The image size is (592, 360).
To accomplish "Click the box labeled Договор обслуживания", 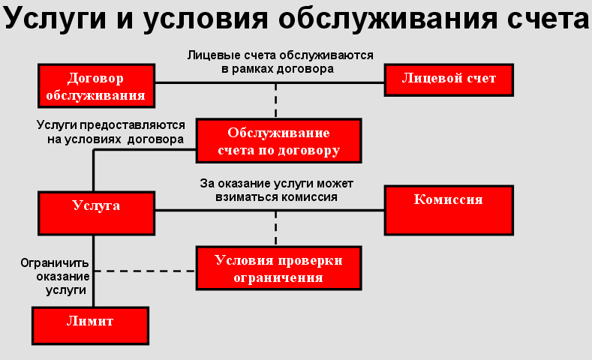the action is pos(96,85).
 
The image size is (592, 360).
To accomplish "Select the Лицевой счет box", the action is pos(449,80).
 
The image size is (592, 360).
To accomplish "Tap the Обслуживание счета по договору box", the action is pos(279,141).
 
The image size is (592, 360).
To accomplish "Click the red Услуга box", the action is pos(96,213).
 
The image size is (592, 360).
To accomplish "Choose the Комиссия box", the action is pos(449,210).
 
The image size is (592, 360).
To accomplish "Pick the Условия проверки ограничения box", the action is pos(279,268).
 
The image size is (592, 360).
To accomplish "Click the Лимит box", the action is pos(90,325).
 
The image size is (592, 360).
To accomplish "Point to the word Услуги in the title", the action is pos(55,19).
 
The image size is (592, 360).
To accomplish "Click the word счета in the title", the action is pos(548,19).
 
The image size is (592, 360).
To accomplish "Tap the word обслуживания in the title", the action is pos(386,19).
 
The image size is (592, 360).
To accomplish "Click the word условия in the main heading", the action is pos(206,19).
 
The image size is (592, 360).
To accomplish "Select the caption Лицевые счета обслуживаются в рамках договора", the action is pos(280,62).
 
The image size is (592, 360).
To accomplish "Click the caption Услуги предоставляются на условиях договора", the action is pos(111,132).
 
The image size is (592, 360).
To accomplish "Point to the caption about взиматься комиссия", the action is pos(276,190).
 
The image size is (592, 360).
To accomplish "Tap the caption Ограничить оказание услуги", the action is pos(55,276).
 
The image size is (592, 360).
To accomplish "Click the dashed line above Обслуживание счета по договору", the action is pos(276,100).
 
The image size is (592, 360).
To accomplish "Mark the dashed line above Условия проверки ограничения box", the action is pos(276,228).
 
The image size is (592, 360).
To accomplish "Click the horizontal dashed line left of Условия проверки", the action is pos(145,271).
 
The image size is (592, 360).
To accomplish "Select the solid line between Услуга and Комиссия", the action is pos(269,210).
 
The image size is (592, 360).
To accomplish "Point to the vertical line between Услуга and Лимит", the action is pos(93,271).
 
